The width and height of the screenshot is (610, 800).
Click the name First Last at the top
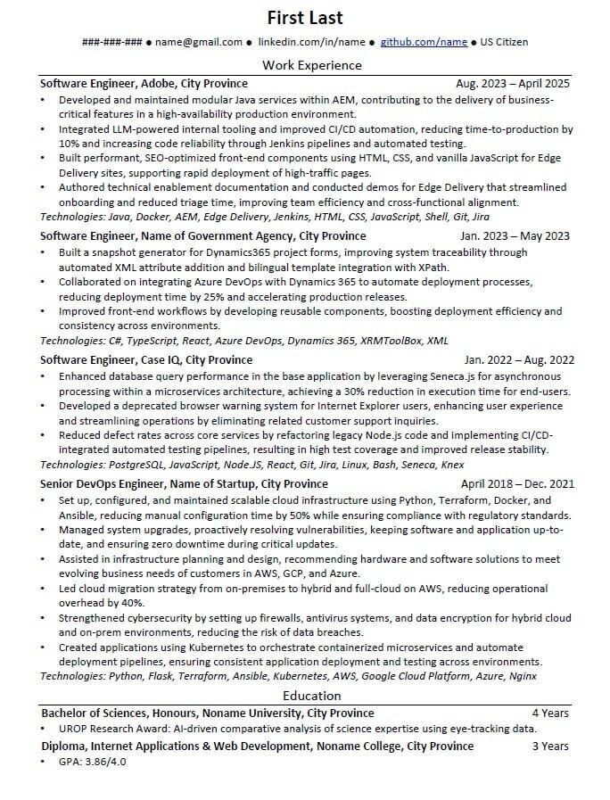(305, 18)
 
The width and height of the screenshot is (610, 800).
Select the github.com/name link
(424, 42)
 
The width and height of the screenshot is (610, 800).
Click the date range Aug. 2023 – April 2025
(512, 84)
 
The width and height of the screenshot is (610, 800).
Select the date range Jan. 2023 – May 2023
(515, 236)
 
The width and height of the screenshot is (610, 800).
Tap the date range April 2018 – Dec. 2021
(517, 484)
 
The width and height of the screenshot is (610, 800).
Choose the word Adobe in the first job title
(160, 84)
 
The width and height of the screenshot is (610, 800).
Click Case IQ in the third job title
(161, 360)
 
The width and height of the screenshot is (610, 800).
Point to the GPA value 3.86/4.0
(104, 762)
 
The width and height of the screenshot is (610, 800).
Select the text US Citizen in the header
(505, 42)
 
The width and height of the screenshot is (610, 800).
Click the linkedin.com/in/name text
(311, 42)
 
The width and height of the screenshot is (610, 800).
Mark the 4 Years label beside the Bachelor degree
(550, 713)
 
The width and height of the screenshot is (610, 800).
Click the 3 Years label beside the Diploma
(550, 746)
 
